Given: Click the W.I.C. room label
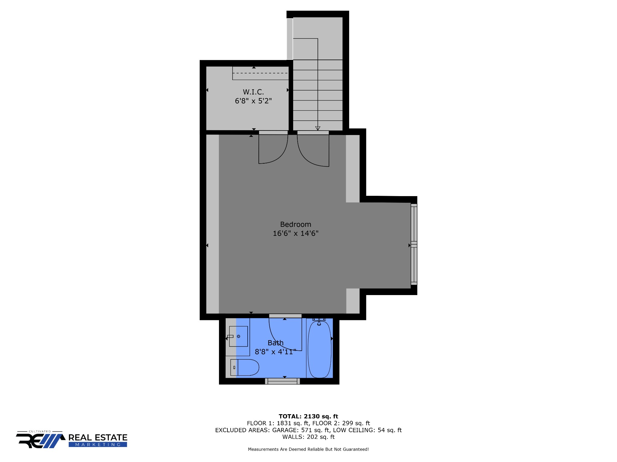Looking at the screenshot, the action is (x=253, y=92).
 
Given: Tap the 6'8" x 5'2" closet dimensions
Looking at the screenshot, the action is (x=253, y=101).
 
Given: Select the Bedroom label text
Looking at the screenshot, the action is (x=296, y=224).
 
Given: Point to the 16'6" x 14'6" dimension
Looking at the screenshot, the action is (x=296, y=233).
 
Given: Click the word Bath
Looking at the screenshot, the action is (x=276, y=343).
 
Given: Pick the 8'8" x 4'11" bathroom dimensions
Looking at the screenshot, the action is (x=276, y=352).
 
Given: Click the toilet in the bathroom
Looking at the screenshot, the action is (x=245, y=367).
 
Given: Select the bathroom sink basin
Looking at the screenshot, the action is (x=239, y=336).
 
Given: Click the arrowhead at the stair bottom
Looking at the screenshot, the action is (x=318, y=128).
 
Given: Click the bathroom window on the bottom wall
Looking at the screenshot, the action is (x=282, y=381).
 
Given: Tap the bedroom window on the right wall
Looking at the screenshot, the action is (x=414, y=244).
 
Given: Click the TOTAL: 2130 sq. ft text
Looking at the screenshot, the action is (x=308, y=416).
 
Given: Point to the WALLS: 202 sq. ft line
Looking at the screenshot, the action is (x=308, y=437).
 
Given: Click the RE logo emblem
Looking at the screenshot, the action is (x=40, y=441).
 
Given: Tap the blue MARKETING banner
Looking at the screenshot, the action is (x=98, y=445).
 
